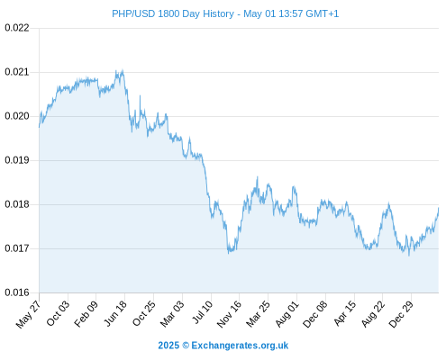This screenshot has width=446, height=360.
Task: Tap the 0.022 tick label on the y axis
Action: pos(17,28)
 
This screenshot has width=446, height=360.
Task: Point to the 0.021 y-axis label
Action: pos(17,72)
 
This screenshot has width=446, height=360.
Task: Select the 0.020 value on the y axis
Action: pos(17,116)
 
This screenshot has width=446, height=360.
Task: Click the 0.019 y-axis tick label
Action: pos(17,160)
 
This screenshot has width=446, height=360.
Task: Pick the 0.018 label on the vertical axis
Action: pos(17,204)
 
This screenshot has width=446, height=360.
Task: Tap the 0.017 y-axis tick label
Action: pos(17,248)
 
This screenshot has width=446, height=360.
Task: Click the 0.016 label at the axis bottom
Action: pos(17,292)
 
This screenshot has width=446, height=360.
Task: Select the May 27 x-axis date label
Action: pos(28,314)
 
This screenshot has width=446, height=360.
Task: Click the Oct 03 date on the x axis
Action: pos(58,313)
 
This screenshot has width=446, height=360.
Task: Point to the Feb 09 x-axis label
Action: pos(86,314)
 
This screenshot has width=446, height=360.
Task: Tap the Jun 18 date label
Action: pos(114,313)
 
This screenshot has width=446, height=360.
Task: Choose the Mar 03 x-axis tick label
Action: pos(171,314)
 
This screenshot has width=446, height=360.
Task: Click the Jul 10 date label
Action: pos(202,312)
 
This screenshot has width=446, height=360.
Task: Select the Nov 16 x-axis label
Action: pos(229,314)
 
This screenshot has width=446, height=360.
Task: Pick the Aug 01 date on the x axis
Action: pos(287,314)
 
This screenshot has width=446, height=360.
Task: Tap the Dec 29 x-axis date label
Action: pos(401,314)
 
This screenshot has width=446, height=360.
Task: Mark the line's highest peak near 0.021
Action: pos(123,70)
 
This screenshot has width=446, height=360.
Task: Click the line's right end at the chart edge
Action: pos(439,208)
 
